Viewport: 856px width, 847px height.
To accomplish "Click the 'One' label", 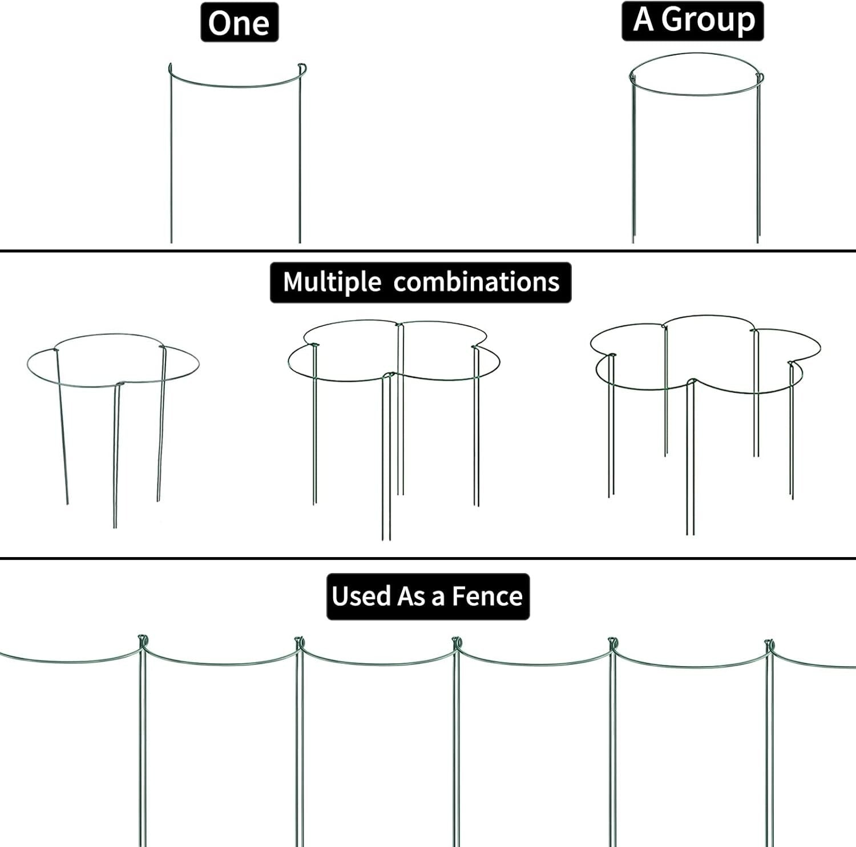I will [239, 23].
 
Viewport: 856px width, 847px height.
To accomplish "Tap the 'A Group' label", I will [693, 21].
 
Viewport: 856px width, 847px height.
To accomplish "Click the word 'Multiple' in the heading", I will [332, 282].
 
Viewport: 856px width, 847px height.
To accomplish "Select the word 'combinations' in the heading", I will [476, 282].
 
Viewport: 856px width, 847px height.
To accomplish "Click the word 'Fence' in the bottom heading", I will [487, 596].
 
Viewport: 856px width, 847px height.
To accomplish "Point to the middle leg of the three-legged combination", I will [116, 457].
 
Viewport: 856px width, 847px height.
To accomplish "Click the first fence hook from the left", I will [143, 641].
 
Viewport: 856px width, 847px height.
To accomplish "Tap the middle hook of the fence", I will [456, 643].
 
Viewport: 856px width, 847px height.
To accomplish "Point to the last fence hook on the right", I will [769, 646].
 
